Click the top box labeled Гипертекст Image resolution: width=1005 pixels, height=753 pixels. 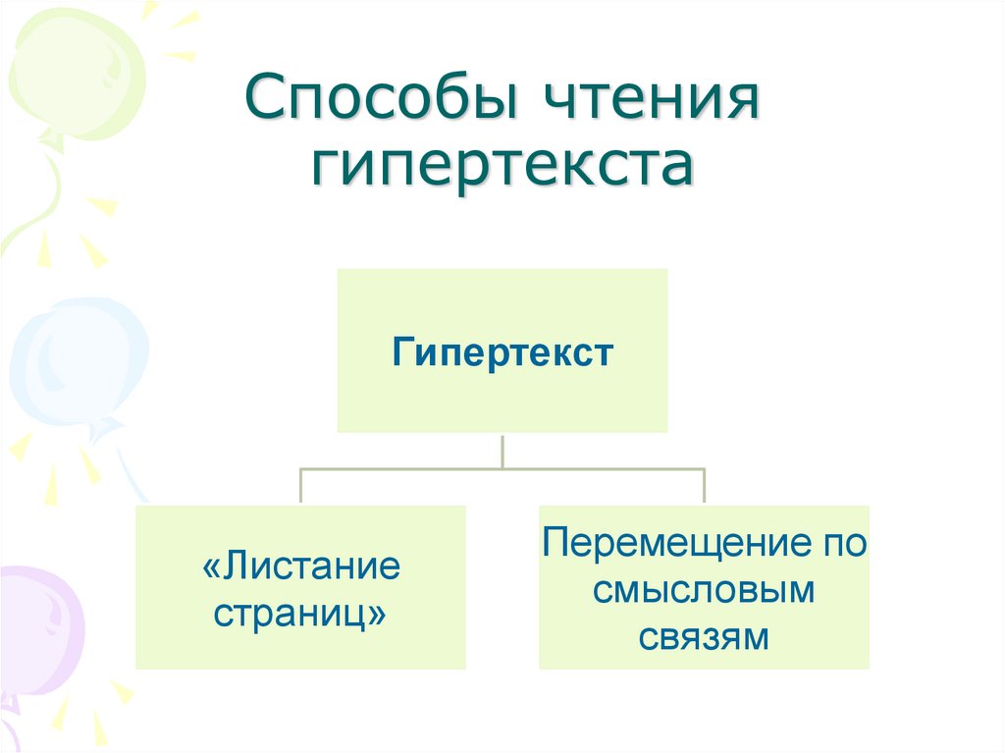(502, 350)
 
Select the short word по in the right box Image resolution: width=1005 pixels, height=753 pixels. (846, 544)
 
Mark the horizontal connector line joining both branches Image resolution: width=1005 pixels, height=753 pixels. (502, 469)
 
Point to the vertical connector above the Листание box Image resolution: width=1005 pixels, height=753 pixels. (300, 487)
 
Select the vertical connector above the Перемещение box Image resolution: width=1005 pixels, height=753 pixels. (704, 487)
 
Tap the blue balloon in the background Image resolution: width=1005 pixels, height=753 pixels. (74, 363)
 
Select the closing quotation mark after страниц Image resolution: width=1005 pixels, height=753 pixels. (377, 616)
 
